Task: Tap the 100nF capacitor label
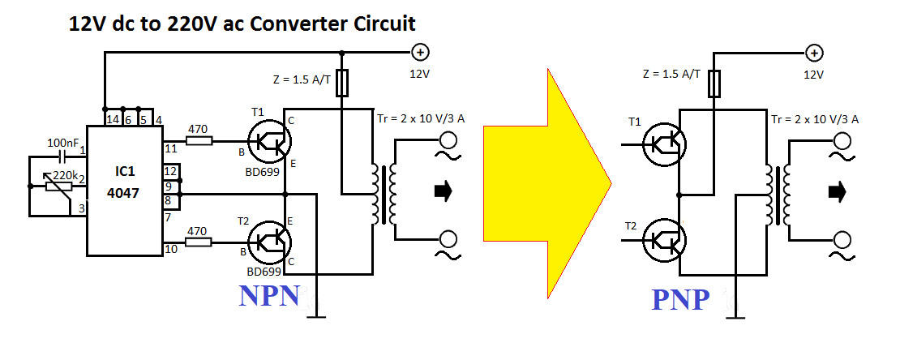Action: [x=62, y=144]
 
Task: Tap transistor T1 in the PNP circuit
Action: [x=665, y=145]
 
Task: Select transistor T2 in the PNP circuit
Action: [x=665, y=241]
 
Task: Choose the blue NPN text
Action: [x=269, y=297]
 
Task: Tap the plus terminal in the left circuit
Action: [x=420, y=53]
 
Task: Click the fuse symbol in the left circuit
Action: [x=342, y=83]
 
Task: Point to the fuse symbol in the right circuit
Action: [x=714, y=83]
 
